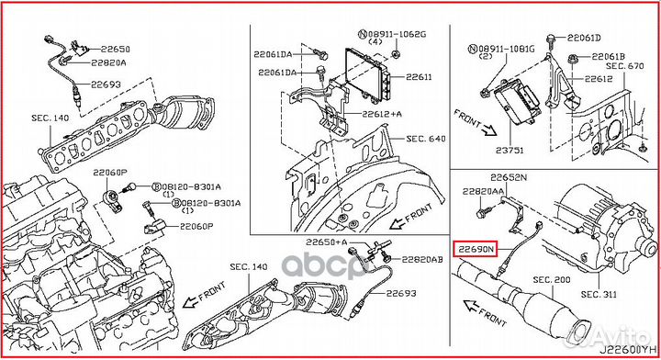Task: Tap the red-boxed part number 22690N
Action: [475, 248]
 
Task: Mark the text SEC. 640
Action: [425, 140]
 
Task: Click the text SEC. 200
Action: [553, 279]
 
